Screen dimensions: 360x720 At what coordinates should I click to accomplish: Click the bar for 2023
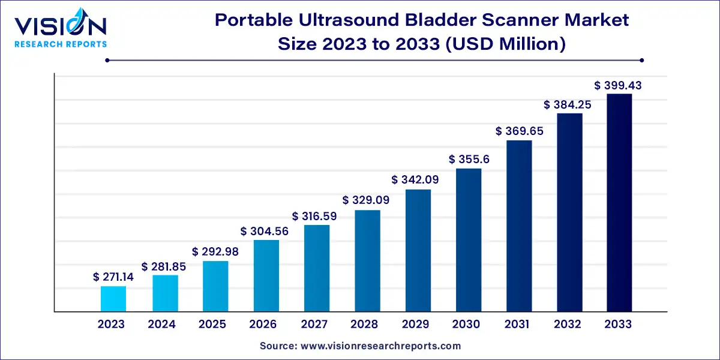point(113,299)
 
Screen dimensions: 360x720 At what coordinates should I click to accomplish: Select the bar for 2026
point(266,276)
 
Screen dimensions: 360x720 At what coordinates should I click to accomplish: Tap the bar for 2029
point(418,251)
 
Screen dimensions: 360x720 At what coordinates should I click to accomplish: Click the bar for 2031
point(519,226)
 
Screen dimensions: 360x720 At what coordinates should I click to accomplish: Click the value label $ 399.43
point(618,85)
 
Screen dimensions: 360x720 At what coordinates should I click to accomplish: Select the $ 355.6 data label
point(469,159)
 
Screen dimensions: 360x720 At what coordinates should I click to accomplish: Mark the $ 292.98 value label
point(215,251)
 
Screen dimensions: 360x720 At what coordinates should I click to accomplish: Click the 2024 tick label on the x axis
point(162,324)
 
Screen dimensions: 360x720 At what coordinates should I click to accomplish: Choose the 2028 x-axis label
point(365,324)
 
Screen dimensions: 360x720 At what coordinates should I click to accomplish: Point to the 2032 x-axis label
point(568,324)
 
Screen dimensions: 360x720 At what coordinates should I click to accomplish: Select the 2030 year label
point(467,324)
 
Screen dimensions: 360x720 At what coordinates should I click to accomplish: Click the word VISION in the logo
point(60,27)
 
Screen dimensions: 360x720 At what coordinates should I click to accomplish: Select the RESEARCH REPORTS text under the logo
point(60,44)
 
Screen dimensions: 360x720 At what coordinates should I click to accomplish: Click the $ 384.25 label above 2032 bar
point(568,104)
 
